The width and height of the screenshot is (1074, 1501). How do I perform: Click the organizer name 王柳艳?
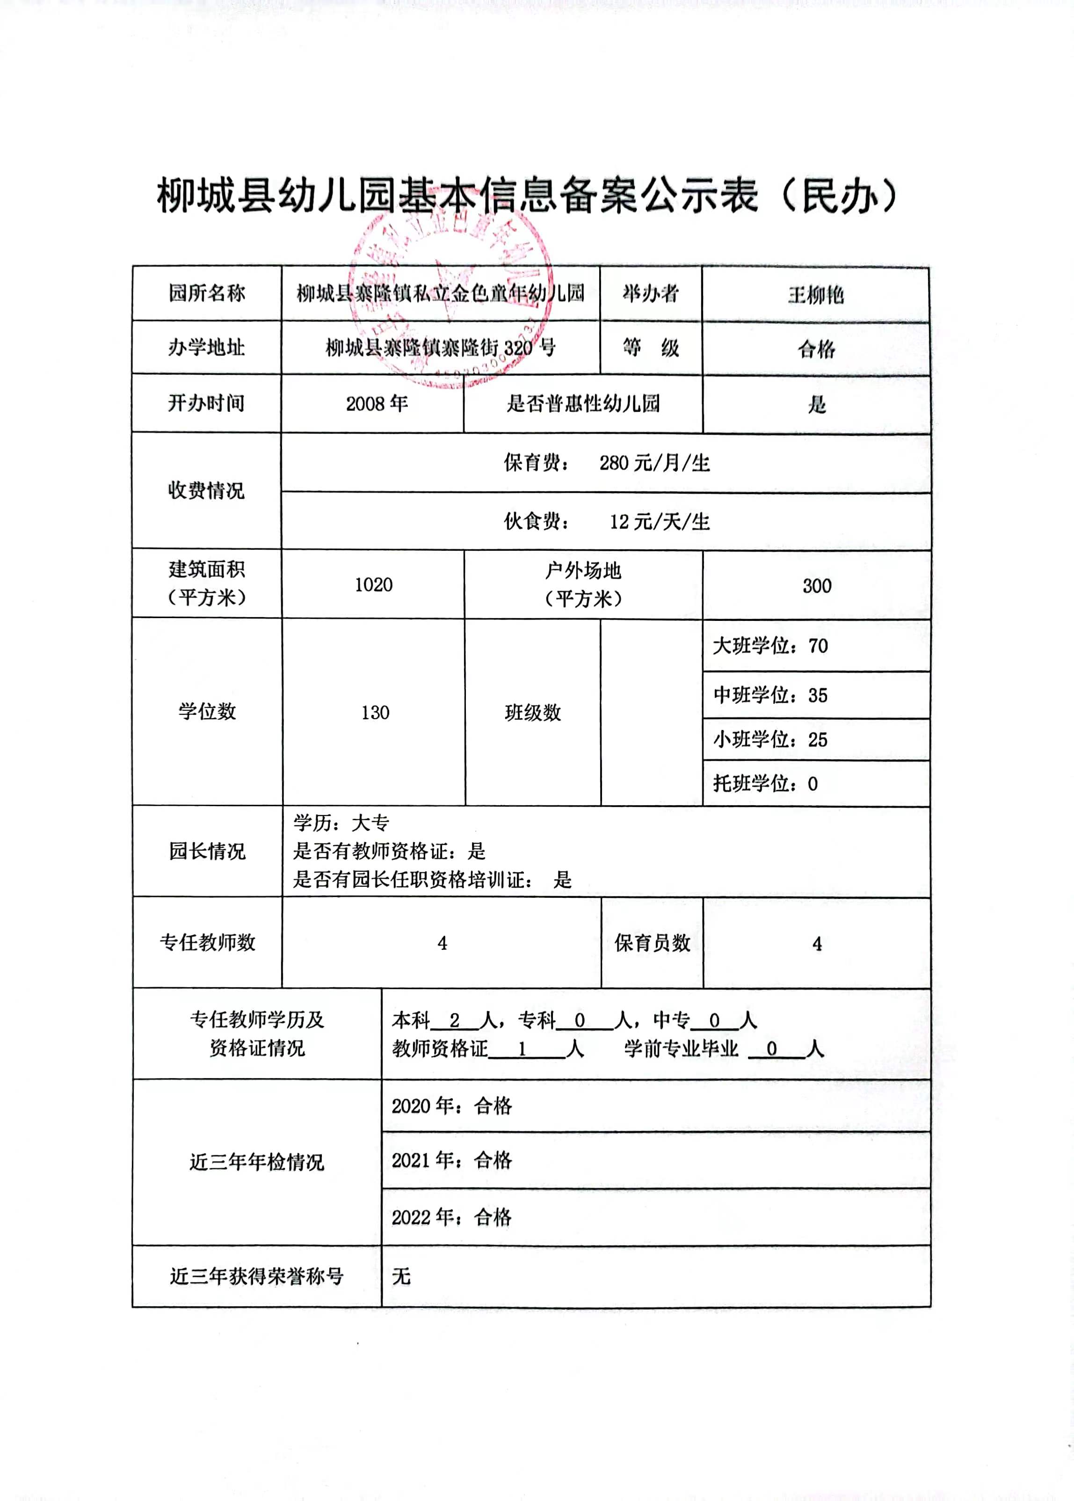815,294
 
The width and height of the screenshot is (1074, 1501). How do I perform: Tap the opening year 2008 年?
376,403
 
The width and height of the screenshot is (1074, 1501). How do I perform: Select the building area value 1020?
374,584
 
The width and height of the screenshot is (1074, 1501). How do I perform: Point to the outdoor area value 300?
817,585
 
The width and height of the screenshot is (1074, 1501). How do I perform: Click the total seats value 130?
375,713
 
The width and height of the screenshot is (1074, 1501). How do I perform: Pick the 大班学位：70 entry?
770,646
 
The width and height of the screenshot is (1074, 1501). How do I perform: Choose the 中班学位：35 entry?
770,695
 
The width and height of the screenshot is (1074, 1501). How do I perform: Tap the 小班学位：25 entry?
770,740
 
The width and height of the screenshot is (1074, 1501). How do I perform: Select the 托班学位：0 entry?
765,784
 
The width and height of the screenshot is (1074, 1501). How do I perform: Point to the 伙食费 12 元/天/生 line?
606,521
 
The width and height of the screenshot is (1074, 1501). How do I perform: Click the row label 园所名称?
206,293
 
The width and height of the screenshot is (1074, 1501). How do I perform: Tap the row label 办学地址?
206,347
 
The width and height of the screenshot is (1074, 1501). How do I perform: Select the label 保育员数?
652,943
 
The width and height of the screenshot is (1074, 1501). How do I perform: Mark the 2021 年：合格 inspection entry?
452,1159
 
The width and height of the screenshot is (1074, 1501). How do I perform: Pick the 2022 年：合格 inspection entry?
452,1217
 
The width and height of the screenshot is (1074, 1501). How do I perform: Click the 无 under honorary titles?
401,1275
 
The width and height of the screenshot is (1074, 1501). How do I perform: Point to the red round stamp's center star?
457,284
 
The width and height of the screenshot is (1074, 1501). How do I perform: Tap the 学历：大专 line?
341,823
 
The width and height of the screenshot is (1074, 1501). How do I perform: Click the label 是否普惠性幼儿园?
583,403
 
